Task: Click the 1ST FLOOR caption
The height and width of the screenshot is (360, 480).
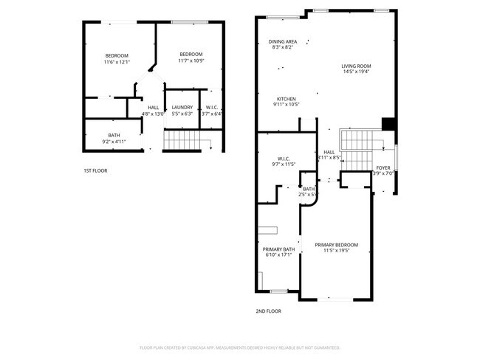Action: tap(95, 170)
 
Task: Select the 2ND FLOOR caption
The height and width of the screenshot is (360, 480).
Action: tap(269, 311)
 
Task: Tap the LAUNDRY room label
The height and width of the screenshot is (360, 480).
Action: tap(182, 108)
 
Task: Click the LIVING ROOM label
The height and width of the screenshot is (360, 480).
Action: tap(355, 66)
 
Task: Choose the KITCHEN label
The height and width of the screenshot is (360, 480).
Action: tap(287, 99)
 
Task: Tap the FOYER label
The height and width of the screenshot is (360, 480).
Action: tap(383, 167)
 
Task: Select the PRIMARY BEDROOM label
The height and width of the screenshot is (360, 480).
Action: tap(336, 245)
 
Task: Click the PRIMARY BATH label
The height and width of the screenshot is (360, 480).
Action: tap(278, 249)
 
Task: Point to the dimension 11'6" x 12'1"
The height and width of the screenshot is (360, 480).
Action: tap(117, 62)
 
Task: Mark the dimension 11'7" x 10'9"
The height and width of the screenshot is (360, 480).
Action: tap(191, 60)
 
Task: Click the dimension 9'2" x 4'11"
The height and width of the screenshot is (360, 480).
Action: tap(114, 141)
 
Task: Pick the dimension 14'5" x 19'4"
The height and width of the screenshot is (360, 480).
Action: tap(355, 72)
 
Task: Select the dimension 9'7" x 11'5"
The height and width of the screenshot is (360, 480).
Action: tap(284, 165)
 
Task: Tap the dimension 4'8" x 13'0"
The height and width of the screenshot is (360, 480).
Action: tap(154, 114)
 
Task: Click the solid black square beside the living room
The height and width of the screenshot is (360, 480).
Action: tap(388, 124)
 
